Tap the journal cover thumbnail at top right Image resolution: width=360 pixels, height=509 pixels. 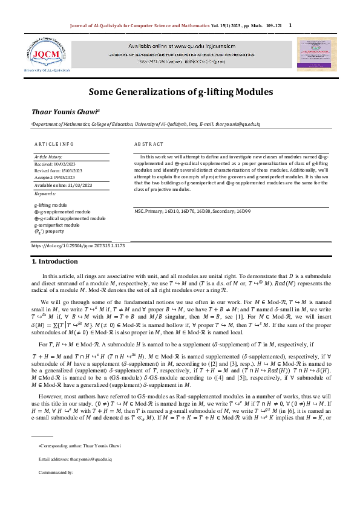[x=310, y=54]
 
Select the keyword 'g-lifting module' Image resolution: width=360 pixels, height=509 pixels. [x=51, y=206]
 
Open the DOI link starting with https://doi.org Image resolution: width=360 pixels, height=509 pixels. [x=69, y=245]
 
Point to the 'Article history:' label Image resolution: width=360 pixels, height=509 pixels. [x=49, y=157]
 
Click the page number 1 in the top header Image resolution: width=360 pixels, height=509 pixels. [x=290, y=25]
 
